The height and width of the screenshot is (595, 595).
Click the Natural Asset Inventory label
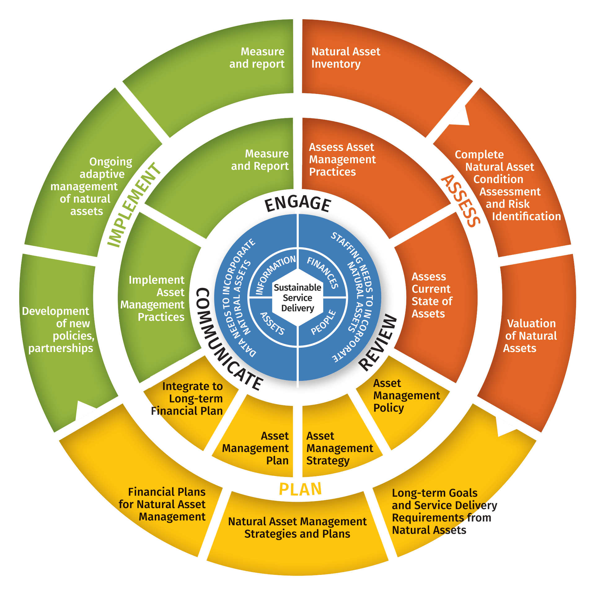click(x=345, y=58)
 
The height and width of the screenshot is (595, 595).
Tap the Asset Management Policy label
click(x=406, y=396)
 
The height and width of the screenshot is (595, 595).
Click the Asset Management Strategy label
click(x=339, y=448)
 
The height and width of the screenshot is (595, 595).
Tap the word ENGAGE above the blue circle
click(x=297, y=204)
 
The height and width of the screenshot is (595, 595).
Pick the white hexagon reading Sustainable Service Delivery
click(x=297, y=297)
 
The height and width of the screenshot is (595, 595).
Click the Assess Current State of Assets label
click(x=431, y=295)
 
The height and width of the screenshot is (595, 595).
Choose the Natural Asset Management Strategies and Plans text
click(x=297, y=528)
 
